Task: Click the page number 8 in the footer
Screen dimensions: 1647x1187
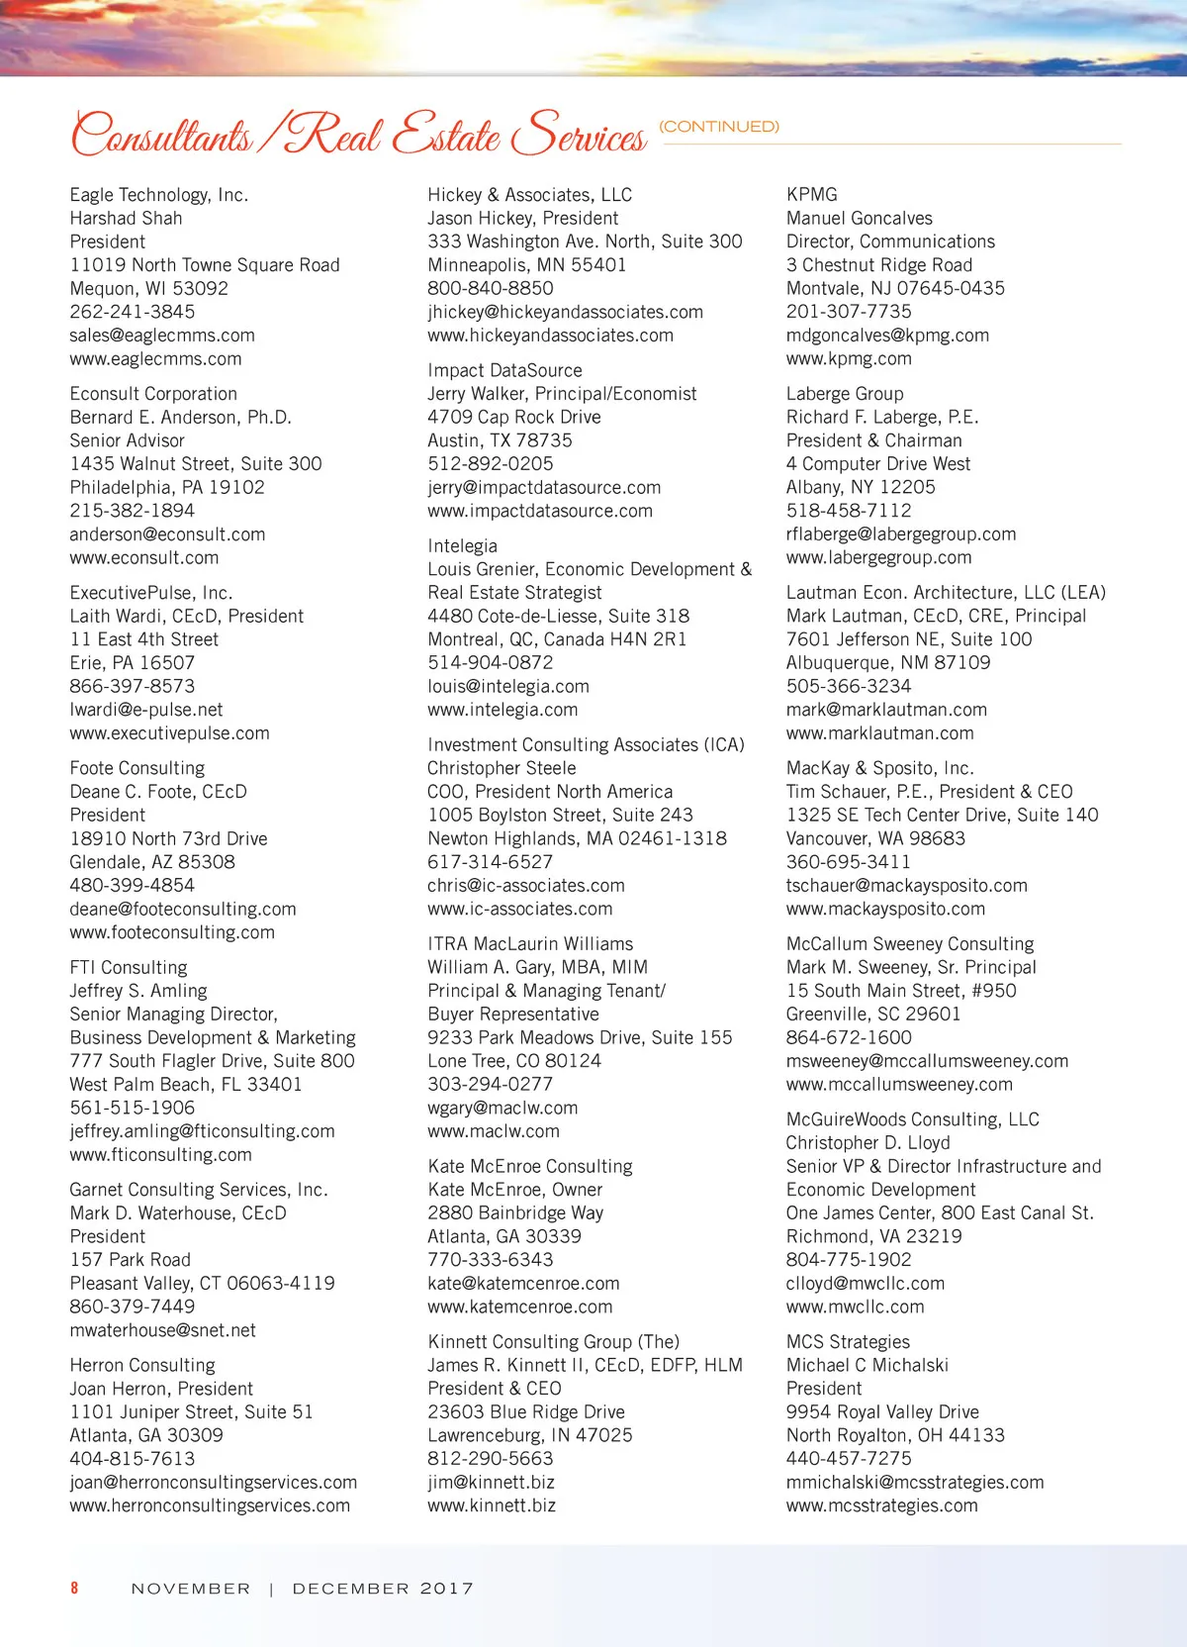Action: [x=74, y=1588]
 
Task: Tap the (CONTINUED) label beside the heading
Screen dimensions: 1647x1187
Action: [x=719, y=127]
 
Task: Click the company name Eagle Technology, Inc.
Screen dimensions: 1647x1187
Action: [x=158, y=195]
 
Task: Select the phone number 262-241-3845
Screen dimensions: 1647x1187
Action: [x=133, y=312]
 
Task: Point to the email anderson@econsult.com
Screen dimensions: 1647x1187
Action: [x=167, y=534]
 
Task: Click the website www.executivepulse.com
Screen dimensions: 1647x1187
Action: [x=169, y=733]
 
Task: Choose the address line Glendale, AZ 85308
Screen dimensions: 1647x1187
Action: [x=152, y=862]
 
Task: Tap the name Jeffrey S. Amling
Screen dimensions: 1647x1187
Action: [x=138, y=991]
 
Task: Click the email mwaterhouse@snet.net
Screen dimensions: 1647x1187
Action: [x=162, y=1330]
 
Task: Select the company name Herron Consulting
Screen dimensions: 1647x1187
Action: [x=142, y=1366]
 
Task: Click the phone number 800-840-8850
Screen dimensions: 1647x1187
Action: [x=491, y=288]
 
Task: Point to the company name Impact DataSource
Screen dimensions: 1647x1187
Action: [x=504, y=370]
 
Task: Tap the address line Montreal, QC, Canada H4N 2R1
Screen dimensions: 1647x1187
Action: [x=557, y=639]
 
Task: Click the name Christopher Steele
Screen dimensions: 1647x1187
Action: [x=502, y=768]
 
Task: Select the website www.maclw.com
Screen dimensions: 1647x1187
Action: [x=494, y=1131]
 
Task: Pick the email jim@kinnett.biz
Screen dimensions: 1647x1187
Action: [x=491, y=1483]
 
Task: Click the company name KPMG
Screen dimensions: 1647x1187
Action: [x=812, y=195]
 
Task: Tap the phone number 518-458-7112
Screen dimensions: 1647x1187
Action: [x=849, y=511]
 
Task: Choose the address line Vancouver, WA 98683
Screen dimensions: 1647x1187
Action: [x=875, y=838]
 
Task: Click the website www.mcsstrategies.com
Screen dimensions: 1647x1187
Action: [x=881, y=1505]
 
